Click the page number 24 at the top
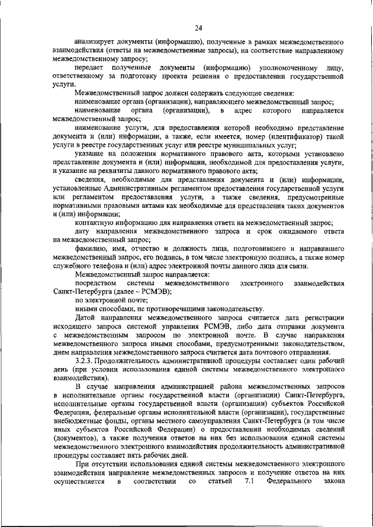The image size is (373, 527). coord(198,27)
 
